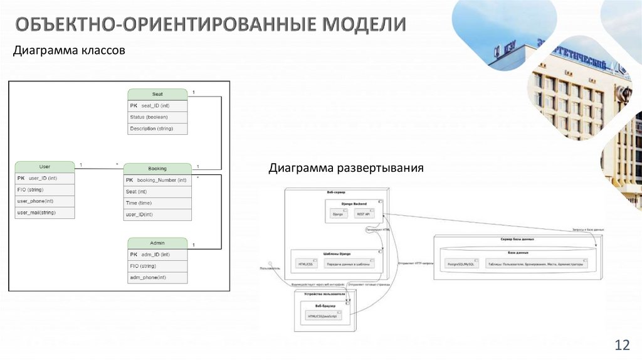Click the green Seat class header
(157, 94)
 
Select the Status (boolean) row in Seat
(157, 117)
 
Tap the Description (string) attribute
(157, 129)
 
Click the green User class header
(45, 167)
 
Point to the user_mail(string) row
(45, 213)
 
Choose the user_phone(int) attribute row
(45, 201)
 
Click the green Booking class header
(157, 169)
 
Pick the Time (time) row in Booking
(157, 203)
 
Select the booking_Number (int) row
(157, 180)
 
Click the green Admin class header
(157, 243)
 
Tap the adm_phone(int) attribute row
(157, 277)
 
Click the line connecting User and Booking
(99, 169)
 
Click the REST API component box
(364, 214)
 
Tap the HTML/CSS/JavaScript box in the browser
(322, 317)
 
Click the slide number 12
(622, 344)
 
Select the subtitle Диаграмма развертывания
(347, 168)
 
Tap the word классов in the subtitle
(103, 50)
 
